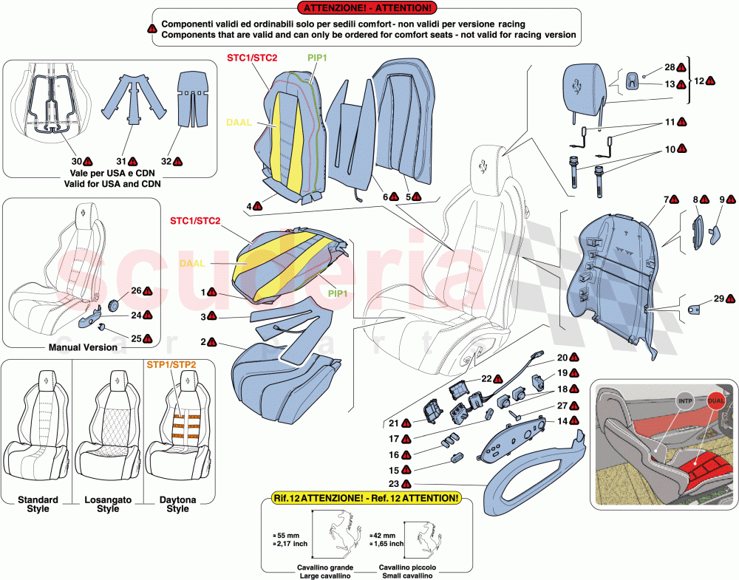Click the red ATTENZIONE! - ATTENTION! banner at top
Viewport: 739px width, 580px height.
pyautogui.click(x=365, y=8)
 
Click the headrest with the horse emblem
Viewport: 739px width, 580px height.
pyautogui.click(x=588, y=83)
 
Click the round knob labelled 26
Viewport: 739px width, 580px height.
pyautogui.click(x=114, y=305)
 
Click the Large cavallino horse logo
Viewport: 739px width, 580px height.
pyautogui.click(x=337, y=530)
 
